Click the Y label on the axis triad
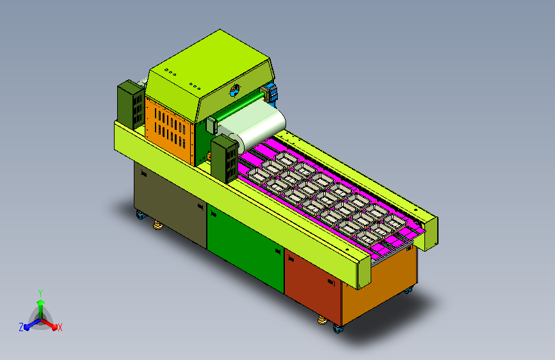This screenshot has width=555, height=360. pos(40,293)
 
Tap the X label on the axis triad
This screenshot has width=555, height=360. pos(60,327)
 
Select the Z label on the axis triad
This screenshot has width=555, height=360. pos(21,327)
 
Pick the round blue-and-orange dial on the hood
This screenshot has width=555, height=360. pos(235,90)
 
